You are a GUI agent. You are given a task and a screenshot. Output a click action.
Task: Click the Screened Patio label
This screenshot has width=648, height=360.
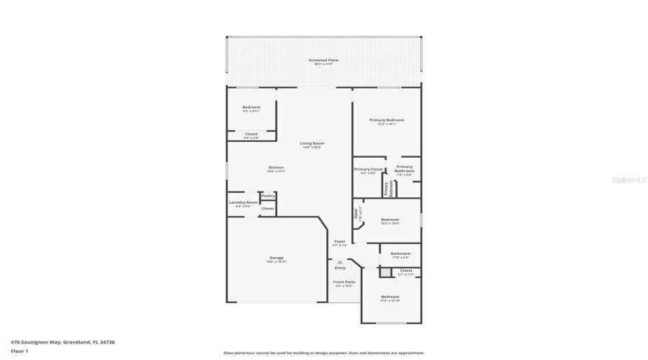323,61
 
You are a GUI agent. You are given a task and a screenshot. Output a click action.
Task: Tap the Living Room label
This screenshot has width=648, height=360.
312,144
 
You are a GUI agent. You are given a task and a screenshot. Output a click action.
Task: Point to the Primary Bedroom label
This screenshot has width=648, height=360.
387,121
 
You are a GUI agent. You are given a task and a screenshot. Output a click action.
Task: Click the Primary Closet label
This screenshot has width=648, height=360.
368,170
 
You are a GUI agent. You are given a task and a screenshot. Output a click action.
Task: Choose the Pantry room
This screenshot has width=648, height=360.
268,196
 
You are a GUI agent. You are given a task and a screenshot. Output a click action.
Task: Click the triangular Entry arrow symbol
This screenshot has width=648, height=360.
340,262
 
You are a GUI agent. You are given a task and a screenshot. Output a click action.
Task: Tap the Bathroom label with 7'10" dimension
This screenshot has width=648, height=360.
400,254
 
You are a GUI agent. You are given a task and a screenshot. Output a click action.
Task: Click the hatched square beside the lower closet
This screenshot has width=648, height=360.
385,272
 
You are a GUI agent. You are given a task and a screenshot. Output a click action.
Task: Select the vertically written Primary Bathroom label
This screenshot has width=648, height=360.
387,189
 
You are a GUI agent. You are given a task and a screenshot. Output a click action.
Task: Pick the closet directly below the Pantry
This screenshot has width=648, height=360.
268,208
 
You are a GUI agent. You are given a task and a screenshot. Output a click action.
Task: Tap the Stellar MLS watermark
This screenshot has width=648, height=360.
629,180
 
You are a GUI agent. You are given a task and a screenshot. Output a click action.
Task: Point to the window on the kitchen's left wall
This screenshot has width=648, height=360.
228,170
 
